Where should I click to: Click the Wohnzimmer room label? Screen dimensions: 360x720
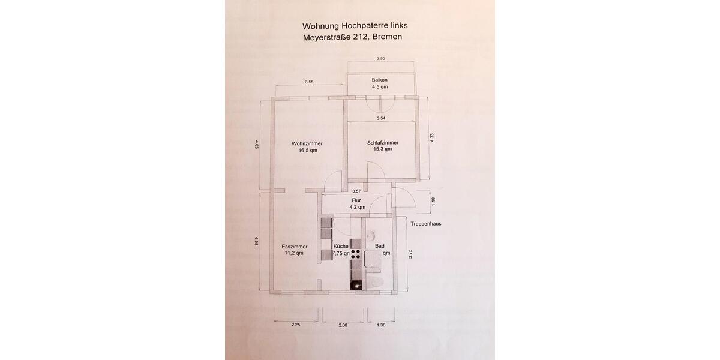[307, 143]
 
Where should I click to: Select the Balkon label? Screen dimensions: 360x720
[380, 80]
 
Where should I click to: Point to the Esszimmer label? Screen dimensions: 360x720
[294, 247]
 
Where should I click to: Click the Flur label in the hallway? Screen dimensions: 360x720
[356, 200]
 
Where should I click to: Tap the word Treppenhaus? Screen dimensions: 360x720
[426, 224]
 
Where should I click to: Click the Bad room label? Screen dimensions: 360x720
[380, 246]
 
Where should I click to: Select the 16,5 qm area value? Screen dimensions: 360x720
[307, 151]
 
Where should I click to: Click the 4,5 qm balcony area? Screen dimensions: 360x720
[380, 87]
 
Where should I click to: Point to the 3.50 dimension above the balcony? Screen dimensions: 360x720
[380, 59]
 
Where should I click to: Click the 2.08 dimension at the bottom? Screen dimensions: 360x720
[342, 325]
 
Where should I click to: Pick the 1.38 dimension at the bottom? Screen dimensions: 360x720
[380, 325]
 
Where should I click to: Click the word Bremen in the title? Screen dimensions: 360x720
[387, 37]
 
